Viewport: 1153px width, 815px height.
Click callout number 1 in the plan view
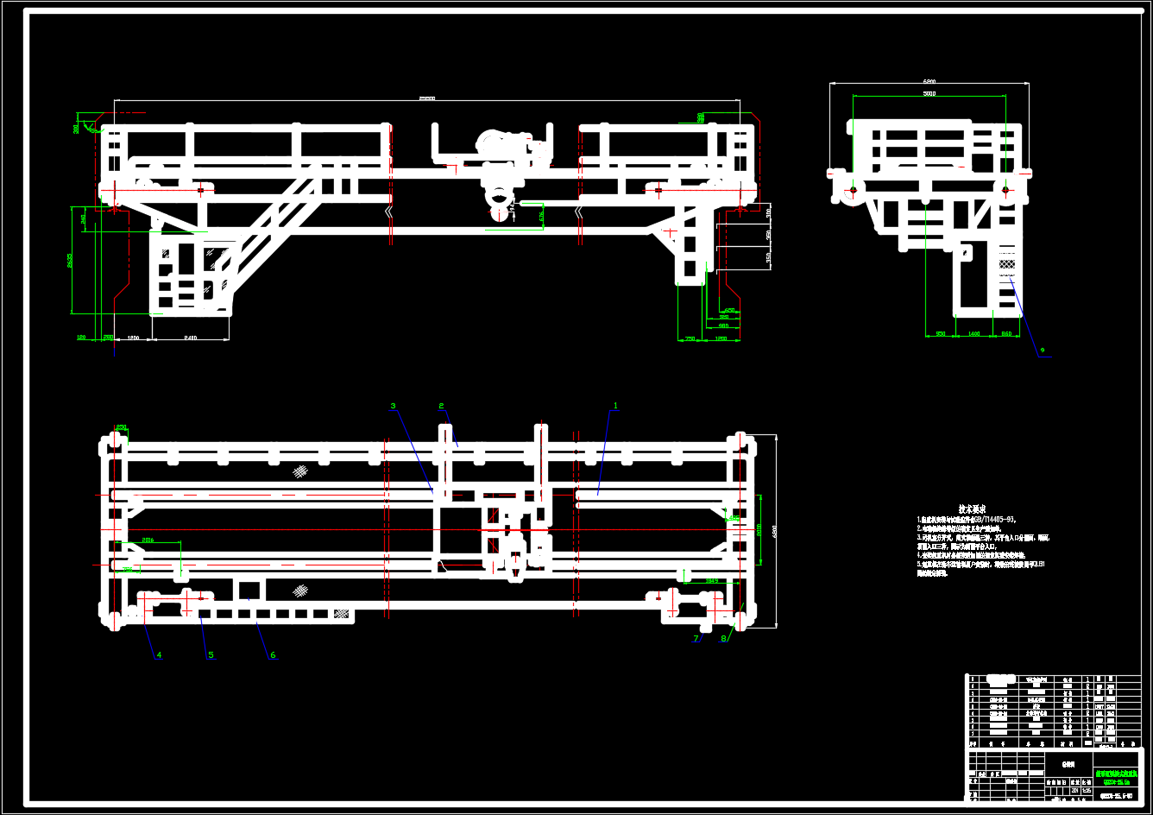[615, 405]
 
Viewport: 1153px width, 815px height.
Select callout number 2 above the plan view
[441, 405]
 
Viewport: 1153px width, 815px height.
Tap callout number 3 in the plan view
[393, 405]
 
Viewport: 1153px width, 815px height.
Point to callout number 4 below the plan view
[158, 655]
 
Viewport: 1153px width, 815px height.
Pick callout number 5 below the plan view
[210, 655]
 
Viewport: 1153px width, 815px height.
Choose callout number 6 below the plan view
[273, 655]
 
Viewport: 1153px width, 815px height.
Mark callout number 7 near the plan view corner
[696, 639]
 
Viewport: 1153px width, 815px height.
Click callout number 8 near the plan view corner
[723, 639]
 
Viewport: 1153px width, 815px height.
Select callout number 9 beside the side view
[1042, 350]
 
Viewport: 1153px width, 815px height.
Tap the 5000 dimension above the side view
[929, 93]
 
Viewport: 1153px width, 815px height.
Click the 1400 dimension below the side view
[973, 333]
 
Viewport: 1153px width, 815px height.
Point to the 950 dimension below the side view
[941, 333]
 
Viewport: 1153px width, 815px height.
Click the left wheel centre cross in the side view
[853, 189]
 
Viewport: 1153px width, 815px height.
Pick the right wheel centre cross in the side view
[1005, 189]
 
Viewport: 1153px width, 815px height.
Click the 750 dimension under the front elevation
[690, 338]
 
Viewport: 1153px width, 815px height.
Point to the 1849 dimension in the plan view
[712, 580]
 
